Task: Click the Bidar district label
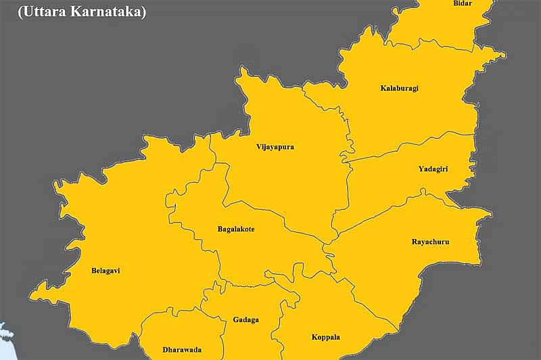(463, 3)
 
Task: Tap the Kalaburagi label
(399, 88)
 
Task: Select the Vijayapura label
(275, 147)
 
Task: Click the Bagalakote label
(235, 229)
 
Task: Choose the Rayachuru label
(430, 242)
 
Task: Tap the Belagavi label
(105, 271)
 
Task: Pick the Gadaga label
(245, 319)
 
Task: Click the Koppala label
(325, 336)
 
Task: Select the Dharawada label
(182, 350)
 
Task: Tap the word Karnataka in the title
(114, 12)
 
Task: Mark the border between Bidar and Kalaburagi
(433, 46)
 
